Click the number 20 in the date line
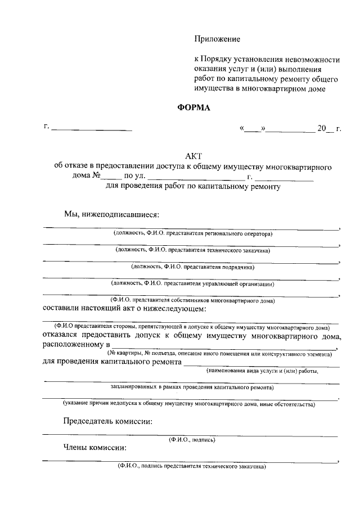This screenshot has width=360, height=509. click(x=322, y=129)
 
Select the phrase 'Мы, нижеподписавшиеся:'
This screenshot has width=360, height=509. click(x=111, y=214)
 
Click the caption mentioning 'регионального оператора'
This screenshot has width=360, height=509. click(x=192, y=232)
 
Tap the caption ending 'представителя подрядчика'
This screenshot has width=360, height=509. click(x=192, y=267)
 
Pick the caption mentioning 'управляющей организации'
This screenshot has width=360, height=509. click(x=192, y=283)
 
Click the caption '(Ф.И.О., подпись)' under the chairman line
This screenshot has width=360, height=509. click(x=192, y=439)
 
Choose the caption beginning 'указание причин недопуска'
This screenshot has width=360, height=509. click(x=189, y=404)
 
